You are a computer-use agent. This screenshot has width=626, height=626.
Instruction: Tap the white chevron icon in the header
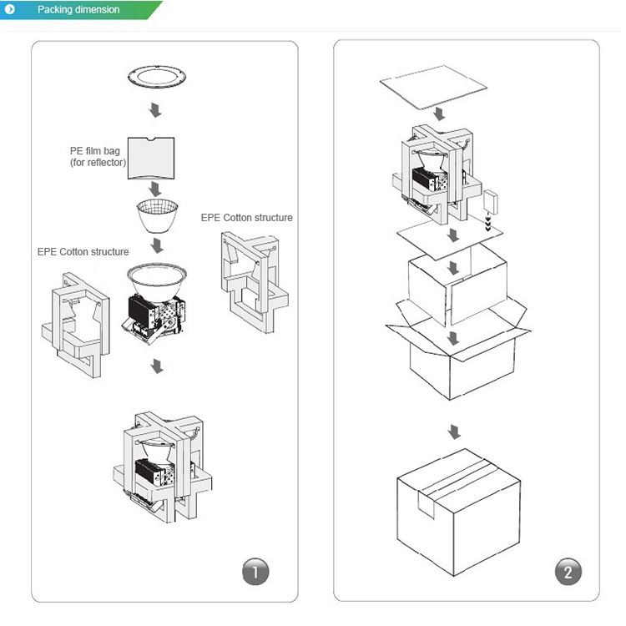pos(10,10)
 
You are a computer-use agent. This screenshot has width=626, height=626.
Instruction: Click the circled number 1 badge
pos(255,573)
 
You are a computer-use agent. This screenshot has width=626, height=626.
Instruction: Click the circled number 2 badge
pos(568,573)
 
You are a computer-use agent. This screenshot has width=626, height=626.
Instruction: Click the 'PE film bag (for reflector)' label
pos(97,156)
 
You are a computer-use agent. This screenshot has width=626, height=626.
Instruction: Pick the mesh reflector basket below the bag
pos(156,216)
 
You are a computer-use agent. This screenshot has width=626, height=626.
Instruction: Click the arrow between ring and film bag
pos(155,110)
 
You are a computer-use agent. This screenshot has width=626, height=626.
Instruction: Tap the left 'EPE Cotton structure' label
pos(83,251)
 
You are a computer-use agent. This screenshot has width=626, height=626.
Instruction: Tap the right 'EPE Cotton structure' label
pos(246,218)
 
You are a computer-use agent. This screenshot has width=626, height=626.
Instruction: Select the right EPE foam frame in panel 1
pos(255,280)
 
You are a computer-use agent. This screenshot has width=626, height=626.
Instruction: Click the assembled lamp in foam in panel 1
pos(163,464)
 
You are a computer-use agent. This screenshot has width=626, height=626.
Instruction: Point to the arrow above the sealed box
pos(453,432)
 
